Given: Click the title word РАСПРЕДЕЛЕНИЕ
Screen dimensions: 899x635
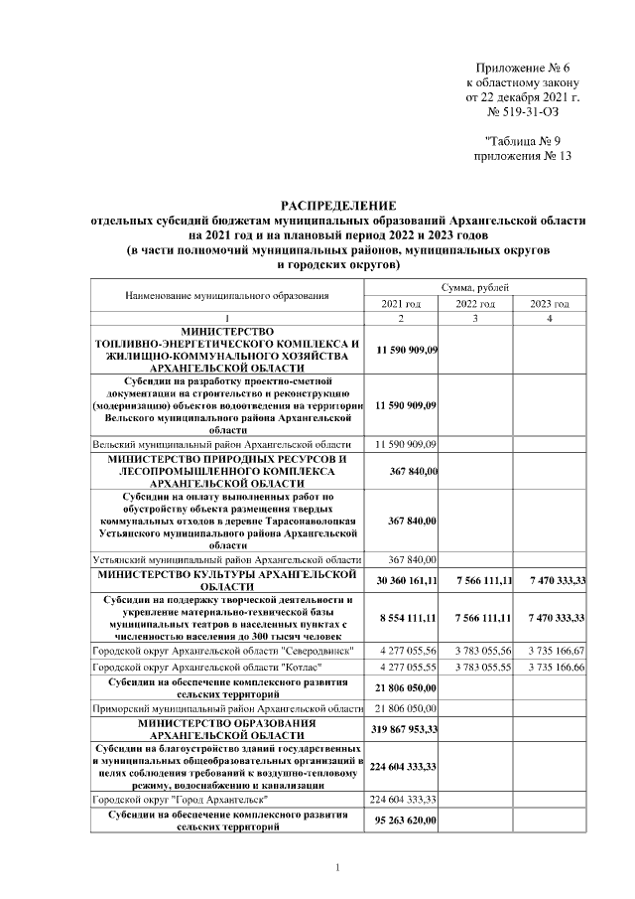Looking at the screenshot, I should [337, 205].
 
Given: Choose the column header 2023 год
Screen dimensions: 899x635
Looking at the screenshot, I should [549, 303].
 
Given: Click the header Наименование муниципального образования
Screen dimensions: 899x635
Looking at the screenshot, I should [226, 295].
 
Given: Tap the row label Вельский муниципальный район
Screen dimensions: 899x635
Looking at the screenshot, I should [221, 443].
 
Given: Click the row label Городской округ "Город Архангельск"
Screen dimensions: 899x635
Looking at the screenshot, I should [179, 799].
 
